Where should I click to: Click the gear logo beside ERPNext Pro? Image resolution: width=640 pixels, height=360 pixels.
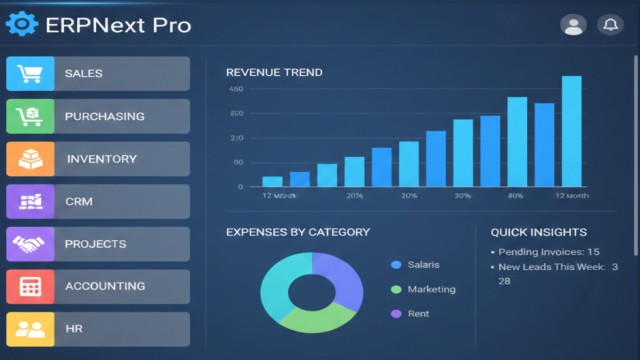(21, 24)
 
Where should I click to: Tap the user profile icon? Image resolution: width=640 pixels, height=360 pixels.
(573, 25)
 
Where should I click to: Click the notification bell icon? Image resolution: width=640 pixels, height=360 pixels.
(609, 25)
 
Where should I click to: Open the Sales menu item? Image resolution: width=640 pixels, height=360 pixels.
(98, 74)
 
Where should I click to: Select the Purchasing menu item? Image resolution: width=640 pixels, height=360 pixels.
(98, 116)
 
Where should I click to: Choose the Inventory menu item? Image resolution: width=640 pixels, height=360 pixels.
(98, 159)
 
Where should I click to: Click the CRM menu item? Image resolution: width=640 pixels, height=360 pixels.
(98, 202)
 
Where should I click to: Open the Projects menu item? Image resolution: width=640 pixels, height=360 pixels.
(98, 244)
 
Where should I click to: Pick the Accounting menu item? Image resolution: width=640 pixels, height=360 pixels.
(98, 287)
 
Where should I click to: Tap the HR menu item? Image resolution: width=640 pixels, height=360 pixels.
(98, 329)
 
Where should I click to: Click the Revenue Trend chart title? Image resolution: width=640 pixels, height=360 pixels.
(274, 72)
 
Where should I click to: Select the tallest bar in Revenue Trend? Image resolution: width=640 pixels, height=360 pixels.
(571, 131)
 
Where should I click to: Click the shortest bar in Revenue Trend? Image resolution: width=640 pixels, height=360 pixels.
(272, 181)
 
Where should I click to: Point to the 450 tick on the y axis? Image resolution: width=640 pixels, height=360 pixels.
(236, 90)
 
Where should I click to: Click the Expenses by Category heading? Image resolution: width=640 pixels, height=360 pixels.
(297, 232)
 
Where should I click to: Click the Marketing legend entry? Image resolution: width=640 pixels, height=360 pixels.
(431, 289)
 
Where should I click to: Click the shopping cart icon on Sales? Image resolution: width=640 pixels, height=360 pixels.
(30, 74)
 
